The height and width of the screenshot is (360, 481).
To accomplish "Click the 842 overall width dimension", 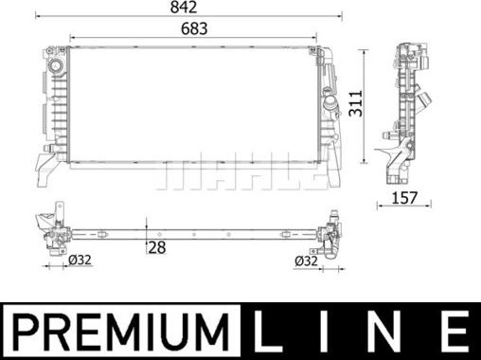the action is tap(184, 8).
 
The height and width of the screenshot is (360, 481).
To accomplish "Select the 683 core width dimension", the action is tap(194, 28).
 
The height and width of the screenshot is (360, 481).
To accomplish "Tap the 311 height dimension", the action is tap(356, 103).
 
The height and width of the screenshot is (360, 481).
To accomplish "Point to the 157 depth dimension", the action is tap(404, 198).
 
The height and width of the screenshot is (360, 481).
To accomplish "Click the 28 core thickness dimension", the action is tap(157, 247).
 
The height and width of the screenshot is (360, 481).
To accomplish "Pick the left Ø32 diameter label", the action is tap(80, 260).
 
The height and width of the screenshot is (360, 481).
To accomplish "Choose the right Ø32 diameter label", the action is tap(306, 261).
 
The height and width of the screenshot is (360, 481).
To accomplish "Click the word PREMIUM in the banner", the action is tap(120, 332).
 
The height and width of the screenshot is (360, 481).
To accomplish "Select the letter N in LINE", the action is tap(392, 332).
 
